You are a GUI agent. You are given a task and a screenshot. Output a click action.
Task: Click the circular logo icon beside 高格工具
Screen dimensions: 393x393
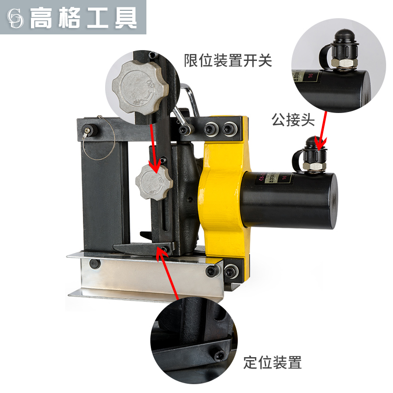[x=16, y=18]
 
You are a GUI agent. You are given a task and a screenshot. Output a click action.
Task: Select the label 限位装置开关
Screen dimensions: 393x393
[x=228, y=60]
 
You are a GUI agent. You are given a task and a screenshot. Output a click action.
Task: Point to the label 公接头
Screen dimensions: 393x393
[x=293, y=120]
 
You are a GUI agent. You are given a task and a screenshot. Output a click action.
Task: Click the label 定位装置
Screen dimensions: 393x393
[x=273, y=363]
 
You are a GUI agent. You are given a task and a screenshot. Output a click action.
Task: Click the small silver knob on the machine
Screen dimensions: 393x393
[x=154, y=181]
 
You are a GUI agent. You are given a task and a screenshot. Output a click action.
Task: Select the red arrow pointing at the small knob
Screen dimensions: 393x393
[x=153, y=147]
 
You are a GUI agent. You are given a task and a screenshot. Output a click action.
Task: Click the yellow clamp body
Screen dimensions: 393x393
[x=224, y=196]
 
